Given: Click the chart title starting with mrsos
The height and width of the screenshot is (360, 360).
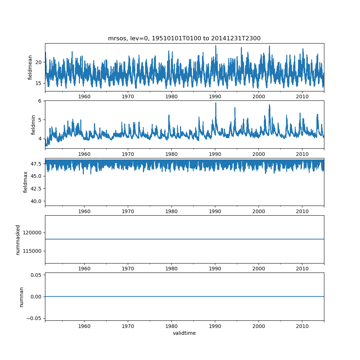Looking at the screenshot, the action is (x=184, y=38).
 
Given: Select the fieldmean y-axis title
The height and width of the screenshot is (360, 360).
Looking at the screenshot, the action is (x=30, y=68).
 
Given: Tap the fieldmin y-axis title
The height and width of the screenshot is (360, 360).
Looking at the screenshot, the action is (x=33, y=125).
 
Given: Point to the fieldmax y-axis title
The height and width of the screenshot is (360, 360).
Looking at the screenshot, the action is (x=25, y=182).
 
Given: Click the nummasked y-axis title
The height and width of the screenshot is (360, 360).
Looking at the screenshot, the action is (x=18, y=240).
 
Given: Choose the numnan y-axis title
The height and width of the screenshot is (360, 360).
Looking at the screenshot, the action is (x=21, y=297).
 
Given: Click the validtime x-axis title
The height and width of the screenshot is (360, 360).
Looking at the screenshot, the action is (x=184, y=333).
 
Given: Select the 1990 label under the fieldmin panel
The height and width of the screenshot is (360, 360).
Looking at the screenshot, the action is (x=215, y=154).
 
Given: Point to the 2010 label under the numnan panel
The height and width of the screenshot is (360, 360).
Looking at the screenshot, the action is (x=302, y=326).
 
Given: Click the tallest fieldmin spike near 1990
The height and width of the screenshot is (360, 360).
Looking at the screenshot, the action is (x=216, y=103).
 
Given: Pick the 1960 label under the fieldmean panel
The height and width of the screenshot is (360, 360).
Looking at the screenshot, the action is (x=84, y=96).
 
